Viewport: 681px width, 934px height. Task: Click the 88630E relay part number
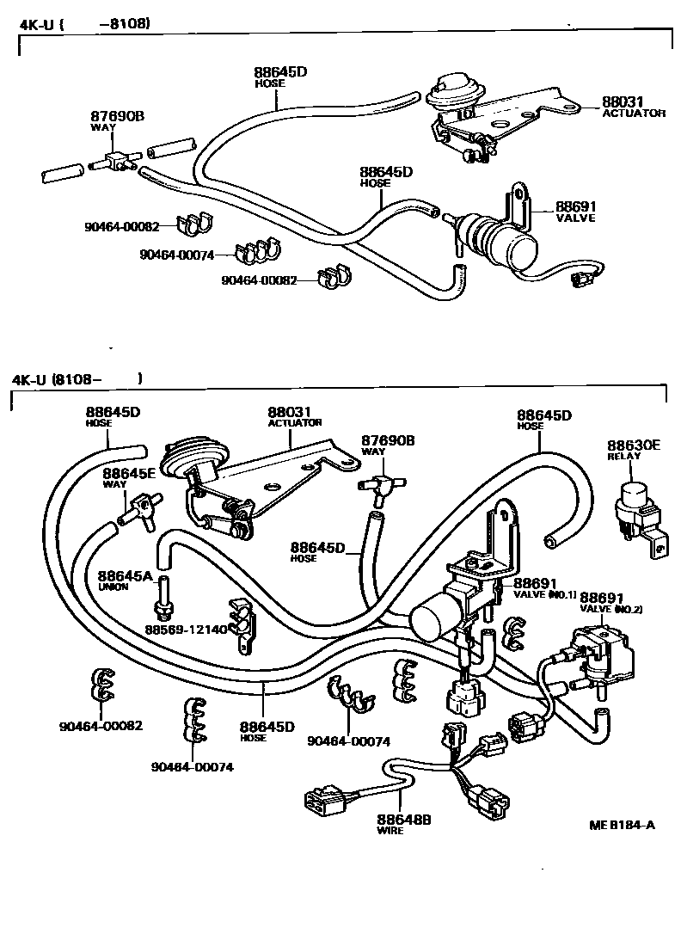(634, 445)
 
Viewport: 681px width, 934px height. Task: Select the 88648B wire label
(403, 820)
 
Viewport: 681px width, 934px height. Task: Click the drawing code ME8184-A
(622, 826)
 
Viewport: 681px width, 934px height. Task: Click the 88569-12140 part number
(185, 630)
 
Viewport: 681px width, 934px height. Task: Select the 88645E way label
(129, 473)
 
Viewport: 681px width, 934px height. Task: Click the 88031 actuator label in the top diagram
(623, 101)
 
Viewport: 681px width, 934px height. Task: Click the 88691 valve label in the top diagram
(575, 206)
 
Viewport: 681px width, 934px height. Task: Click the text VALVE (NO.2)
(611, 609)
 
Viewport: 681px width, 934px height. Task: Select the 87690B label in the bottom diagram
(388, 440)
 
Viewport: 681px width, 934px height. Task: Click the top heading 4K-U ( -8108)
(84, 23)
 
